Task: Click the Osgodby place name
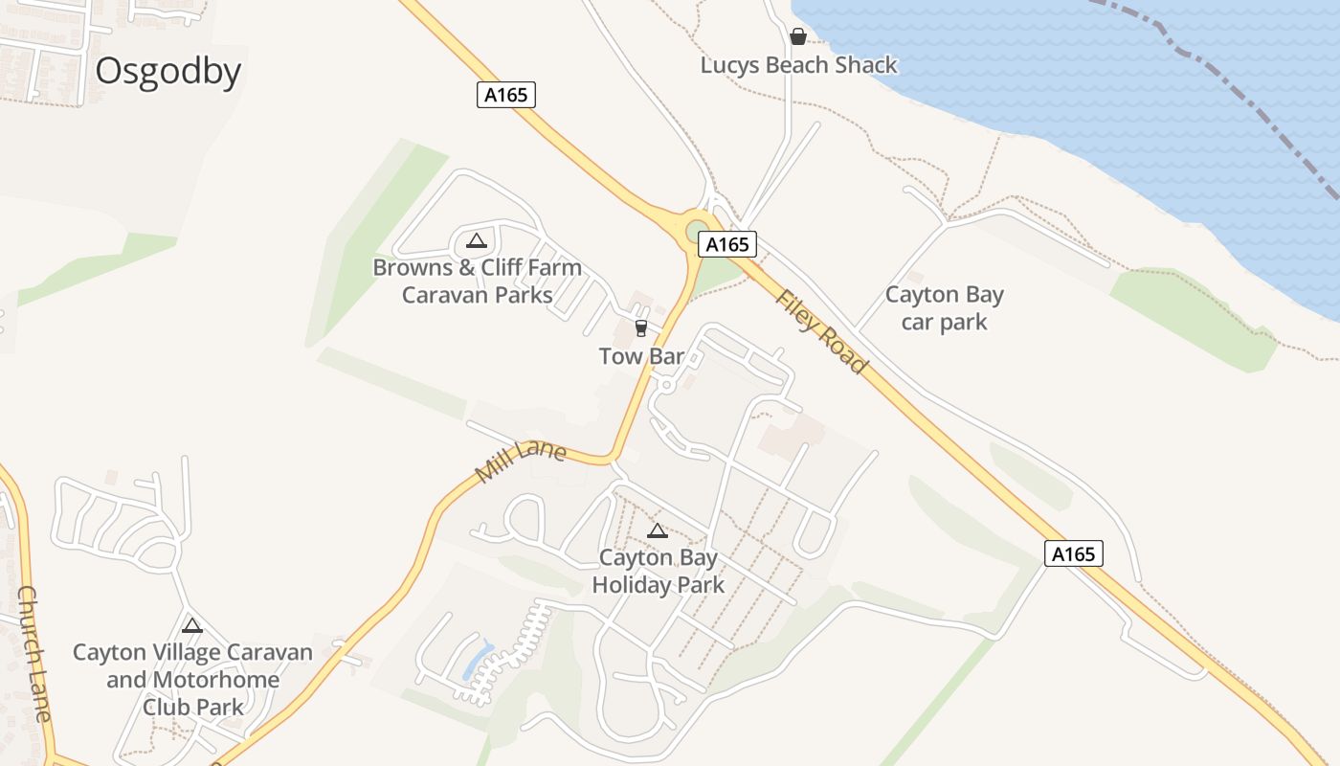pos(167,72)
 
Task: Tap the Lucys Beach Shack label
pos(799,65)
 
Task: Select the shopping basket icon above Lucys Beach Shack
pos(798,37)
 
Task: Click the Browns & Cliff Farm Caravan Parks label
pos(477,281)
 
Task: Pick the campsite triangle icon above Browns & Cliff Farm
pos(477,240)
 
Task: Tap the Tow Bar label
pos(641,356)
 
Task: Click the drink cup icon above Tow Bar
pos(641,328)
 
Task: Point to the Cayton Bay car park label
pos(944,308)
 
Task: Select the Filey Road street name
pos(821,331)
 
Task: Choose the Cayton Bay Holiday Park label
pos(658,571)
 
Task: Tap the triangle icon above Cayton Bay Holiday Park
pos(658,530)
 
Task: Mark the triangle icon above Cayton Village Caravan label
pos(192,626)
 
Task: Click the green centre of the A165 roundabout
pos(696,233)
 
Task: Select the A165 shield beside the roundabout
pos(727,244)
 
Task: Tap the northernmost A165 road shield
pos(506,95)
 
